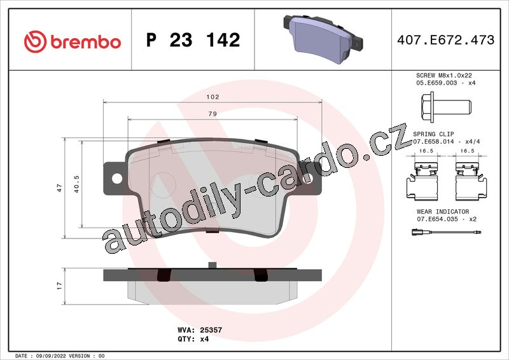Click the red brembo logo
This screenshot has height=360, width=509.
(73, 41)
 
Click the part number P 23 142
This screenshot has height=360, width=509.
(193, 40)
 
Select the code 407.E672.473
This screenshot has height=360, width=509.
(446, 40)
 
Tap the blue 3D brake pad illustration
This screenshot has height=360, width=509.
(323, 38)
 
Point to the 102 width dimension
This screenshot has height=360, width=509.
(213, 97)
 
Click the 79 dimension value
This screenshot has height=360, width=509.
(213, 114)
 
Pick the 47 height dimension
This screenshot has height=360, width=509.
(59, 188)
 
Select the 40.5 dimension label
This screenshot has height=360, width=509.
(76, 184)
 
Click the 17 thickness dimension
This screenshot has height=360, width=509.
(59, 286)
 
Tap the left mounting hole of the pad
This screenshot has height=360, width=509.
(117, 178)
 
